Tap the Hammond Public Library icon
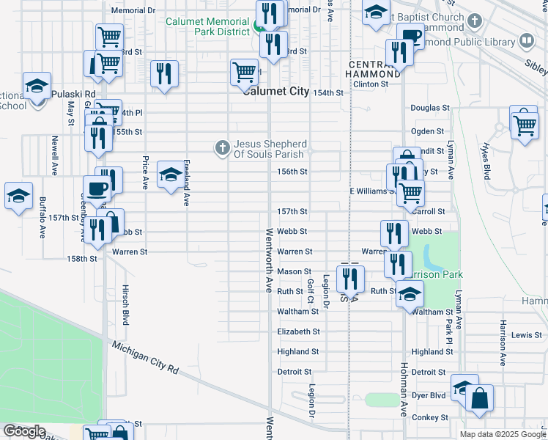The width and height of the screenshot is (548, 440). (525, 40)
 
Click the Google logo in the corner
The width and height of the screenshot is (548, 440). (24, 430)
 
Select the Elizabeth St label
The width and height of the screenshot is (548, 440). (298, 331)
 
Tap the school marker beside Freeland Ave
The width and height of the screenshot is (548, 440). (170, 175)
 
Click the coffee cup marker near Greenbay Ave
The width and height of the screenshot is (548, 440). (97, 188)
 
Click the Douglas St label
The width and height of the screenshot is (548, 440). (429, 108)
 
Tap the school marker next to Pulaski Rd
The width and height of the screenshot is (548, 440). (37, 86)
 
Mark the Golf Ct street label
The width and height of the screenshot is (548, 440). (311, 292)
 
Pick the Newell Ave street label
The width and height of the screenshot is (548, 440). (54, 155)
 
